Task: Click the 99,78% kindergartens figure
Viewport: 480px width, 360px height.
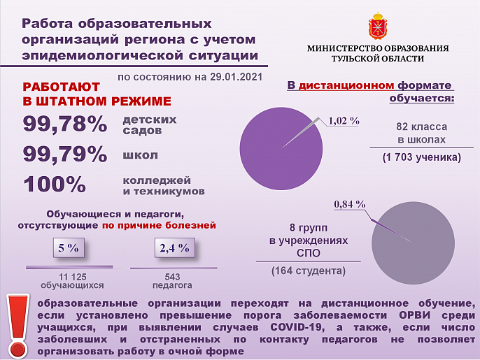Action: tap(65, 124)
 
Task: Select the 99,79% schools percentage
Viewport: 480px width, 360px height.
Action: tap(65, 154)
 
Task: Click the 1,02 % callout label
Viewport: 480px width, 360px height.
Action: tap(344, 121)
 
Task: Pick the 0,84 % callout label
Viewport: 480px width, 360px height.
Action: tap(350, 204)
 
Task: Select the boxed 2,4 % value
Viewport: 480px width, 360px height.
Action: tap(175, 247)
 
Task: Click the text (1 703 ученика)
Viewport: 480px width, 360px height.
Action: tap(421, 158)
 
